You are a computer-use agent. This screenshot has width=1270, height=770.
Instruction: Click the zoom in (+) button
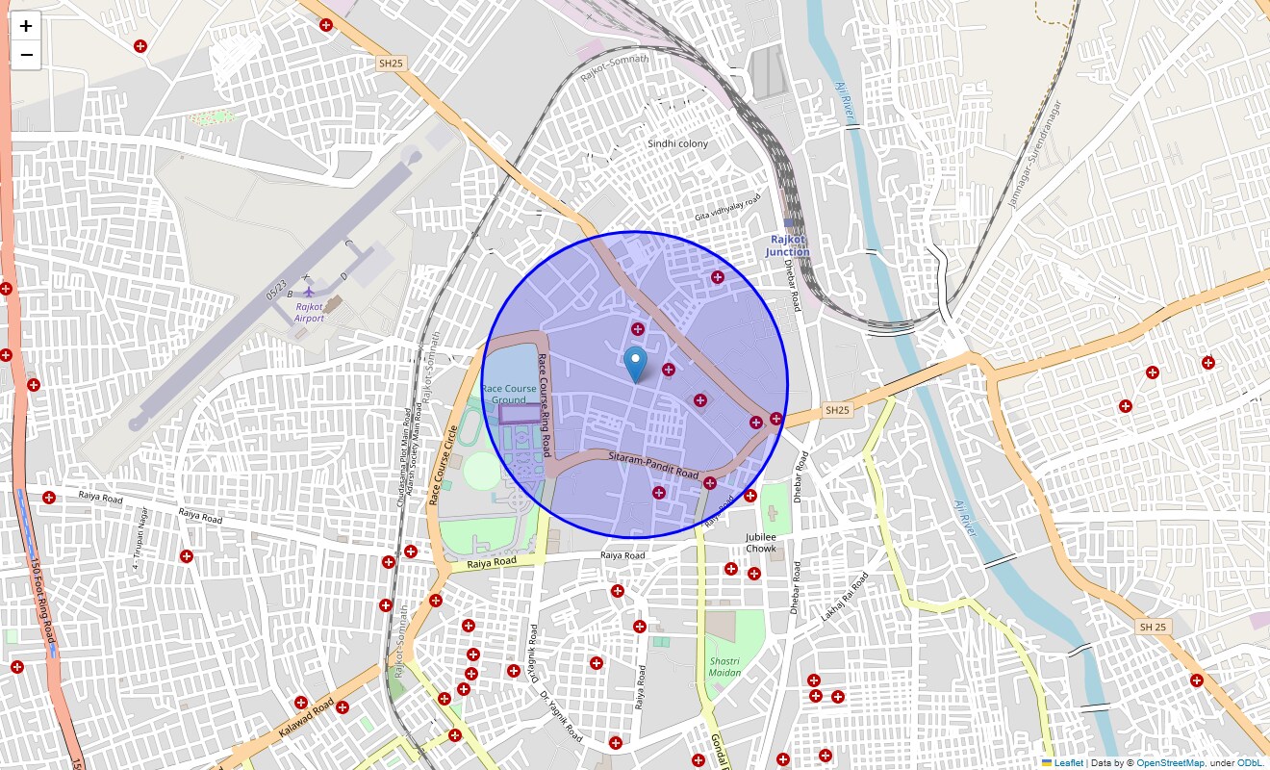click(26, 26)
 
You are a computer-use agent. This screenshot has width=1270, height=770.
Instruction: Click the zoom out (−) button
click(26, 55)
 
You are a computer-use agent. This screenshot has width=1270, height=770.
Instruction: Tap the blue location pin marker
click(635, 365)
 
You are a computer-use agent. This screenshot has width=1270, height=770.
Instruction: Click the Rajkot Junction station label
click(788, 245)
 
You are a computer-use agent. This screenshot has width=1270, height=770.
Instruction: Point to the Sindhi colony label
click(677, 143)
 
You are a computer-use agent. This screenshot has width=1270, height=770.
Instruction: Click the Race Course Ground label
click(509, 394)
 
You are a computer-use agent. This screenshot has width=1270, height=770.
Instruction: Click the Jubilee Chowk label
click(760, 543)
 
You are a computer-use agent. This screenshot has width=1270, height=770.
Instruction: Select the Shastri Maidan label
click(724, 666)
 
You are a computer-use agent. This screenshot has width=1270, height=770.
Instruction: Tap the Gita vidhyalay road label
click(727, 208)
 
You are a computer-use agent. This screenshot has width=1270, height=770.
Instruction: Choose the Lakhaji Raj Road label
click(844, 597)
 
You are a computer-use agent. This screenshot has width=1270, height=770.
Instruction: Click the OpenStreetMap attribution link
click(1170, 763)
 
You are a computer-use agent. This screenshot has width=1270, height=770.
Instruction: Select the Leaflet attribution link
click(1068, 763)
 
